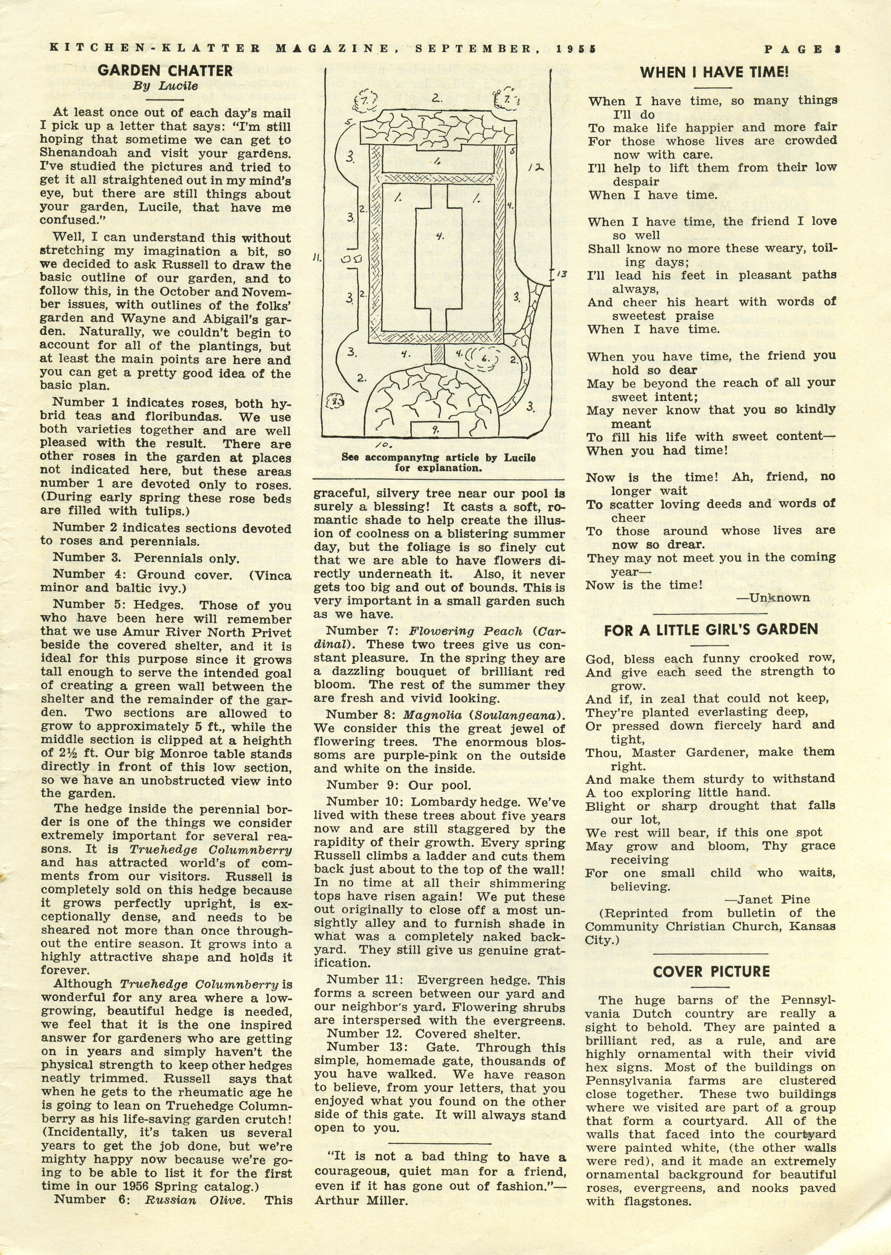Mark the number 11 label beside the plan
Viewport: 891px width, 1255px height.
317,257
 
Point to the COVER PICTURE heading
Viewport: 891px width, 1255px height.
711,971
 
